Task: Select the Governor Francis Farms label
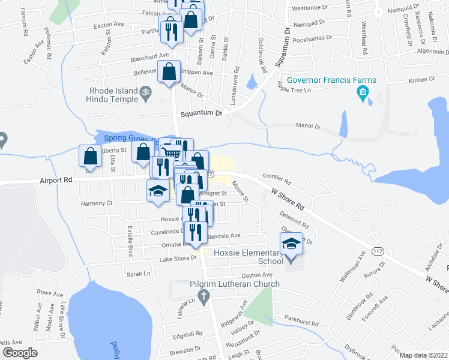[331, 80]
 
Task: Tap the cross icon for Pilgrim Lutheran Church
[203, 295]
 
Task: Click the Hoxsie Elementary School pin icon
[291, 246]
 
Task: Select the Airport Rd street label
[56, 179]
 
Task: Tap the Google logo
[20, 353]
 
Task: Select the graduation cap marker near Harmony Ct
[158, 191]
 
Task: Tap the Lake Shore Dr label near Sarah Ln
[178, 258]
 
